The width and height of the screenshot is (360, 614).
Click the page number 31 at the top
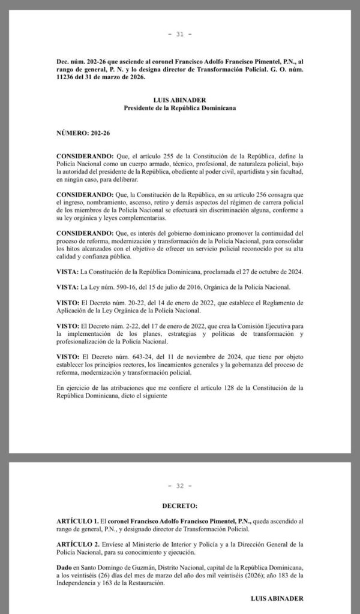coord(179,34)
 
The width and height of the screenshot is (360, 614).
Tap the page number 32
coord(179,486)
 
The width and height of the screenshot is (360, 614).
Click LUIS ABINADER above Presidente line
coord(179,100)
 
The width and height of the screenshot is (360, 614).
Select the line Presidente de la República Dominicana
coord(179,108)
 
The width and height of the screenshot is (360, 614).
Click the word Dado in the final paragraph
coord(66,564)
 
